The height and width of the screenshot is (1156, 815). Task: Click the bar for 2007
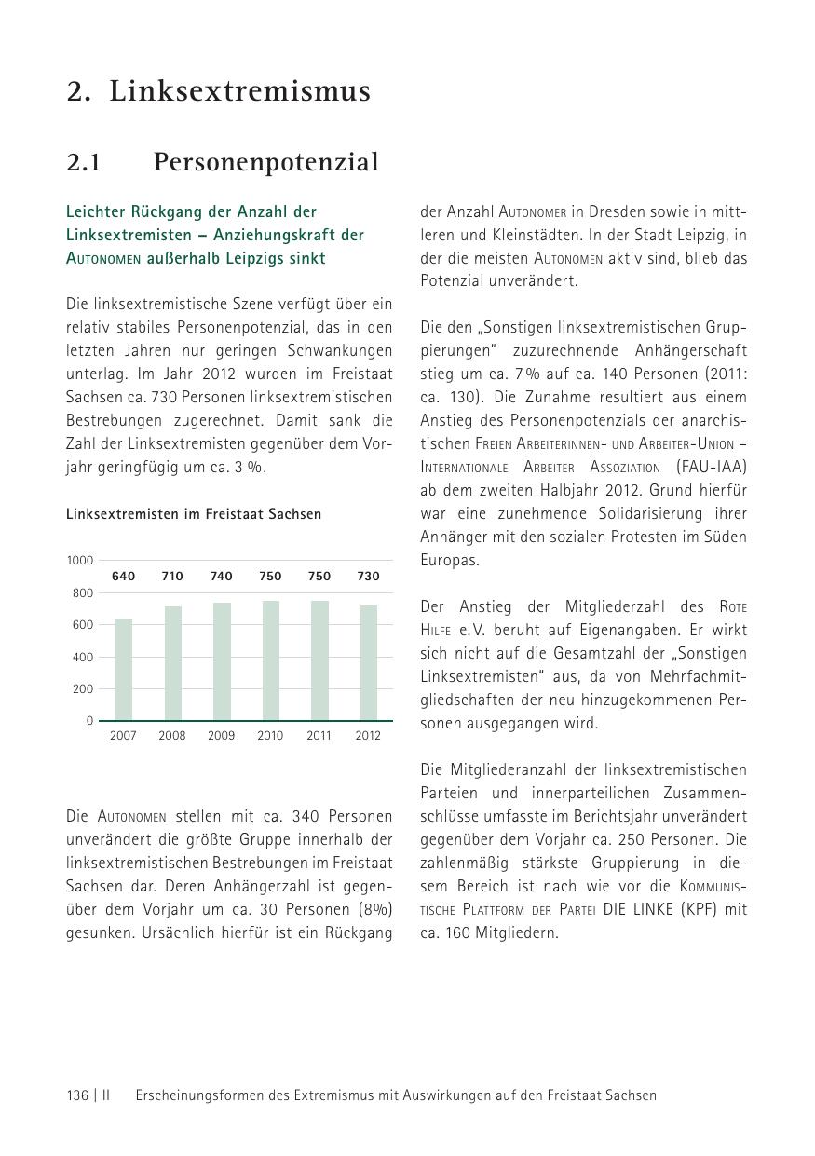tap(124, 669)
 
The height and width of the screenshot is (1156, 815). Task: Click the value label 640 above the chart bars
tap(123, 577)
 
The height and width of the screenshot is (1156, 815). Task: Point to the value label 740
tap(221, 577)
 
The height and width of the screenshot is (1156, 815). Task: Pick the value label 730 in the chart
tap(368, 577)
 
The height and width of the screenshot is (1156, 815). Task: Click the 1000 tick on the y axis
tap(80, 560)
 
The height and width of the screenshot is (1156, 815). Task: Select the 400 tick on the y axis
tap(83, 657)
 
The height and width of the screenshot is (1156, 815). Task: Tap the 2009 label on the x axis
tap(221, 736)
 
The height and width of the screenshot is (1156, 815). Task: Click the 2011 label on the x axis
tap(319, 736)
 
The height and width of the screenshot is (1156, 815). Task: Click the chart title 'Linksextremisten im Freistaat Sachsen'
tap(194, 514)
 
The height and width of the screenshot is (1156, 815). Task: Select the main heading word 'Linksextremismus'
tap(240, 91)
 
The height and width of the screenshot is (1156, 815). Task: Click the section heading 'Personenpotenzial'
tap(265, 162)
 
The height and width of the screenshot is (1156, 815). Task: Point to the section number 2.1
tap(84, 162)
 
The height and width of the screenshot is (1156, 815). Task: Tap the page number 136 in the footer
tap(77, 1095)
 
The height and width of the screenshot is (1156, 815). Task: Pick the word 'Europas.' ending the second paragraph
tap(450, 560)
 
